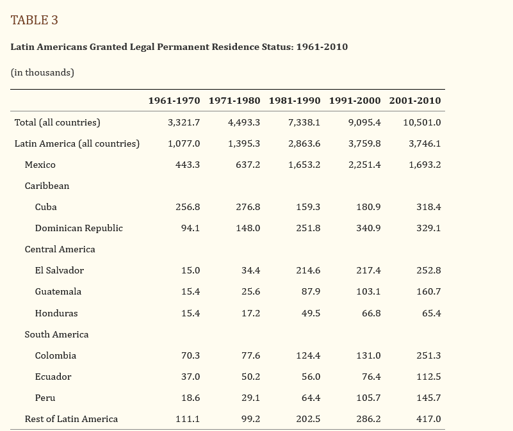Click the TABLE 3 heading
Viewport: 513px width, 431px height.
coord(34,20)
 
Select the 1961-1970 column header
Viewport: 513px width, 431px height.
coord(174,101)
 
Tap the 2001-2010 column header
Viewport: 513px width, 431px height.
coord(414,101)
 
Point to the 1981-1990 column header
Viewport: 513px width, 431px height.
coord(294,101)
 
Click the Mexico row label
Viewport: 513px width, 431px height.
coord(40,165)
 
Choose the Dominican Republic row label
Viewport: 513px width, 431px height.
coord(79,228)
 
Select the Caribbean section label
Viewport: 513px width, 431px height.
coord(47,186)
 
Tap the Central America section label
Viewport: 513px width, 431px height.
coord(60,249)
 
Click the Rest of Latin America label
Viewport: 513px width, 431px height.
coord(71,419)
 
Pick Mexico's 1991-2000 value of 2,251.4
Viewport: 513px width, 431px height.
coord(364,165)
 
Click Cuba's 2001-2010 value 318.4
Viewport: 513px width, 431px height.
coord(428,207)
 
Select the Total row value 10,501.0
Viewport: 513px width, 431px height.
coord(421,122)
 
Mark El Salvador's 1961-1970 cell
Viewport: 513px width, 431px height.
coord(190,270)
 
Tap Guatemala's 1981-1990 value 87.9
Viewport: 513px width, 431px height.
coord(311,291)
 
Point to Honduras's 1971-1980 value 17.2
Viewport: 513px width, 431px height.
coord(250,313)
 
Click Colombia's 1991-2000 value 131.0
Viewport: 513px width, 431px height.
coord(368,355)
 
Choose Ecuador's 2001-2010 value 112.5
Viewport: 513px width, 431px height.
coord(428,377)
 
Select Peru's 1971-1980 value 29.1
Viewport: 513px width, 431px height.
coord(250,398)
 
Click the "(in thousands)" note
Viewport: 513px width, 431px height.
coord(42,72)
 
